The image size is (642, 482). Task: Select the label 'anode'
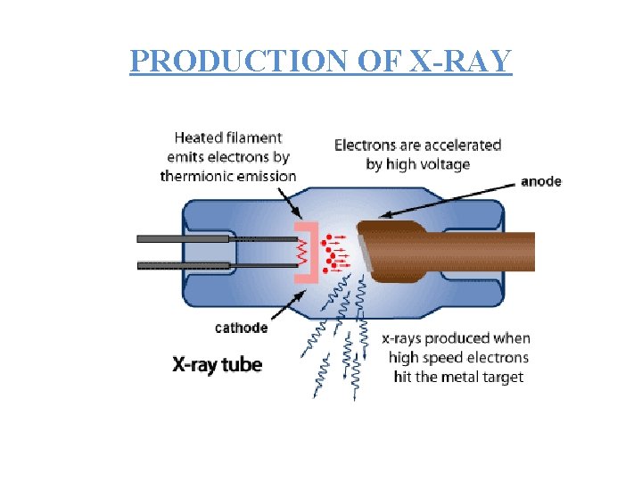click(x=540, y=181)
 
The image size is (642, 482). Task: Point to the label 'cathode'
click(x=241, y=328)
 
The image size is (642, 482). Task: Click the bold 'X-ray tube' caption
click(x=217, y=365)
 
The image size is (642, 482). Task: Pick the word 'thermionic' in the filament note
click(x=201, y=176)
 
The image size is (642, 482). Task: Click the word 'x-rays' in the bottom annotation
click(x=401, y=339)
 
